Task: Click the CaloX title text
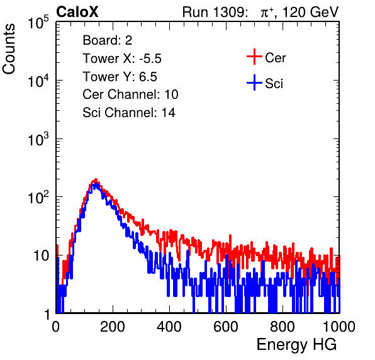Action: [77, 12]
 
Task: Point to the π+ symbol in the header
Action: [267, 13]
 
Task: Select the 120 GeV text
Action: [310, 12]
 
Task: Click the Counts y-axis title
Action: [9, 49]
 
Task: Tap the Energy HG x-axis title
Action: [296, 345]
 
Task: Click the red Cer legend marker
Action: [254, 57]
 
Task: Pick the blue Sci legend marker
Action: [254, 82]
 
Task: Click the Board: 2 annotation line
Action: [108, 40]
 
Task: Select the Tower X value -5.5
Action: [150, 59]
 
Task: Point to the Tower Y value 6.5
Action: [148, 77]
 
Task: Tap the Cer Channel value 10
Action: [171, 94]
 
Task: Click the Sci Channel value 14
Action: [169, 113]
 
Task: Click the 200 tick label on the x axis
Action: [113, 327]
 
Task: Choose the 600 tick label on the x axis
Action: [226, 327]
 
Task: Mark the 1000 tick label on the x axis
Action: [339, 327]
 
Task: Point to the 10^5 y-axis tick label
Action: [38, 22]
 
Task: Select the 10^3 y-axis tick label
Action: [38, 138]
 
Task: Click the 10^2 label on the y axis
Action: [38, 197]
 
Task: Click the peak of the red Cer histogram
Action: [96, 179]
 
